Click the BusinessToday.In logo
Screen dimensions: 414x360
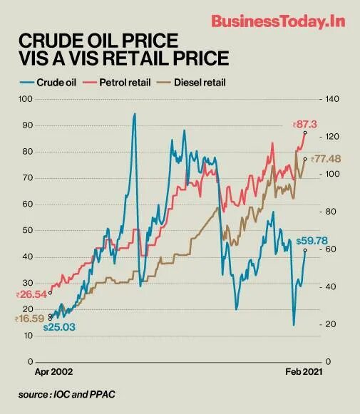point(278,21)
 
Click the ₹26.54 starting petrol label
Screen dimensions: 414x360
point(31,293)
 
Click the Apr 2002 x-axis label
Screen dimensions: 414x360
point(54,371)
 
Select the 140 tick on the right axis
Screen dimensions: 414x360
point(331,98)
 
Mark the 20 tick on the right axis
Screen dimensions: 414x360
point(329,324)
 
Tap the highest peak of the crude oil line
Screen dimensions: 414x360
point(134,114)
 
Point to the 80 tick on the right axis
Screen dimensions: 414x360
point(329,212)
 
